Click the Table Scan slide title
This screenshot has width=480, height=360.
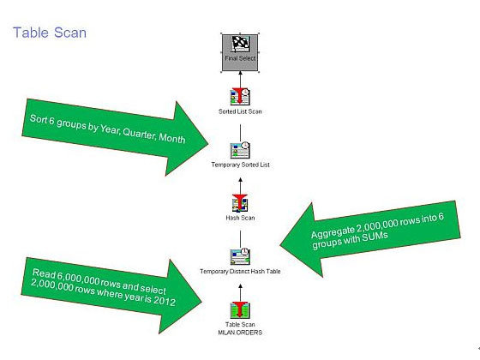50,33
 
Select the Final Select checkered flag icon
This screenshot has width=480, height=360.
240,45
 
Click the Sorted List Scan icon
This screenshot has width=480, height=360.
240,97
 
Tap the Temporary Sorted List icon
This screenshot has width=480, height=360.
240,150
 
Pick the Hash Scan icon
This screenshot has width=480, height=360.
240,203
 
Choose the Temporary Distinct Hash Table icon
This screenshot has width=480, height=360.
240,256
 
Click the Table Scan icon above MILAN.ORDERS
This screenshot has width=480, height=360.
240,310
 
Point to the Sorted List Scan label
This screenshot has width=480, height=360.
240,111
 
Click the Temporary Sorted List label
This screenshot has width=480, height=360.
240,165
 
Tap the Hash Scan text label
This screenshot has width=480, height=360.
240,218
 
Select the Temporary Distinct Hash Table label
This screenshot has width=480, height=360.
240,271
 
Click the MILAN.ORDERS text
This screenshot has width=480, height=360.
240,333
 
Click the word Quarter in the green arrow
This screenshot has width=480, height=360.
139,133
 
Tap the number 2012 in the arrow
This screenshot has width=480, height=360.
164,301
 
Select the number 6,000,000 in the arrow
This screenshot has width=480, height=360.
78,278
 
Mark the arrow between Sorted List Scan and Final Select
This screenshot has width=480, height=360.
240,80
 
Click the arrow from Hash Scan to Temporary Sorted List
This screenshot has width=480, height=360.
240,186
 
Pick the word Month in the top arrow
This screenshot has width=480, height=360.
172,138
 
